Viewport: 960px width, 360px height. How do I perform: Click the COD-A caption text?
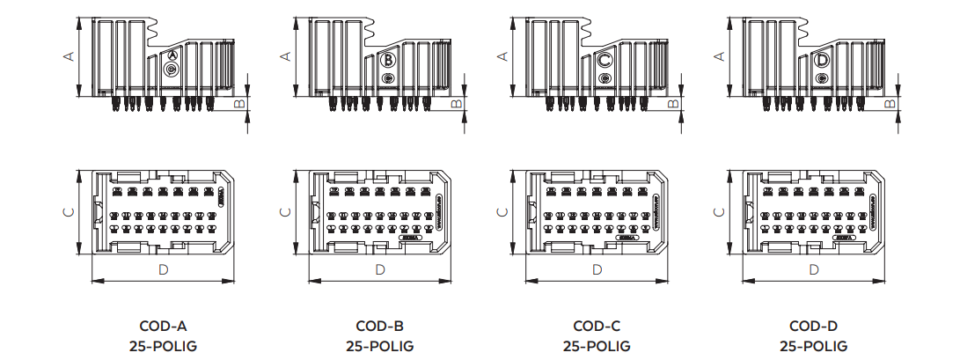click(x=164, y=326)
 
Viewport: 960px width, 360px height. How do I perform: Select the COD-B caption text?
click(x=380, y=326)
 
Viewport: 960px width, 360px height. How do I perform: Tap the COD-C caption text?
click(x=597, y=326)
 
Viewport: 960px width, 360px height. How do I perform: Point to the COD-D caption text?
click(x=814, y=326)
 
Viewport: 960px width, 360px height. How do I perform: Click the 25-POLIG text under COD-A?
click(x=164, y=346)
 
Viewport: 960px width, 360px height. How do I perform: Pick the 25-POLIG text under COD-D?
click(x=814, y=346)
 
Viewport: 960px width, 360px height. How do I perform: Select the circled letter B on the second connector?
click(x=388, y=61)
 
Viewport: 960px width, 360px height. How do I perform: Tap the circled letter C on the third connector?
click(x=605, y=61)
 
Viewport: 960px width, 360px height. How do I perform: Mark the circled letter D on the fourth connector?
click(x=822, y=60)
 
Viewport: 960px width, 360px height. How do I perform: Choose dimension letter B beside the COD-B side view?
click(x=456, y=103)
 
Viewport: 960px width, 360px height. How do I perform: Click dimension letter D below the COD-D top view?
click(x=814, y=269)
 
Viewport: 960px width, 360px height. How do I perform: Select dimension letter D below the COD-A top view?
click(x=164, y=269)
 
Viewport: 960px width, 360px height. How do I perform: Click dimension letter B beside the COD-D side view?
click(x=890, y=103)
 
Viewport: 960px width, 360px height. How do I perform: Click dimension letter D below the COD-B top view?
click(x=380, y=269)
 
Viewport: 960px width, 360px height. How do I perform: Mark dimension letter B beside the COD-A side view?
click(x=239, y=103)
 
